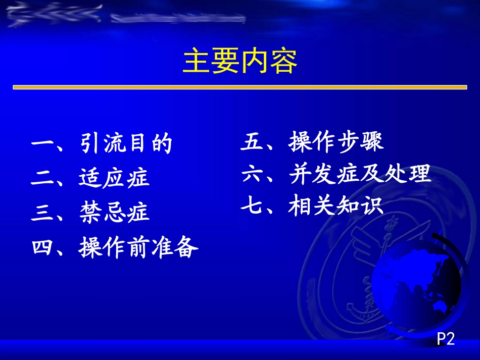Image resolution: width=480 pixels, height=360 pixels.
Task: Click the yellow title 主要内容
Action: [240, 62]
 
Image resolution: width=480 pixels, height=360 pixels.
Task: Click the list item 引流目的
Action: [126, 144]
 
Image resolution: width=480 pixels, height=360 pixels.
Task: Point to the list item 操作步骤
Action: [336, 142]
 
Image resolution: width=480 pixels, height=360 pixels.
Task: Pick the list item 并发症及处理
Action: [360, 174]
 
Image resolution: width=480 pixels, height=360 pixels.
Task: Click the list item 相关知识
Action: [336, 206]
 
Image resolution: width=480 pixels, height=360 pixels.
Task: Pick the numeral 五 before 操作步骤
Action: [252, 142]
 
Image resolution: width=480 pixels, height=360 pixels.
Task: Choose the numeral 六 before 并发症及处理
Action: [252, 175]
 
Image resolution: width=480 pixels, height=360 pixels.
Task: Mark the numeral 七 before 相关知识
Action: [252, 207]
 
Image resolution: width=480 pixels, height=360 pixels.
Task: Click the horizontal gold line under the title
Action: [240, 87]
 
